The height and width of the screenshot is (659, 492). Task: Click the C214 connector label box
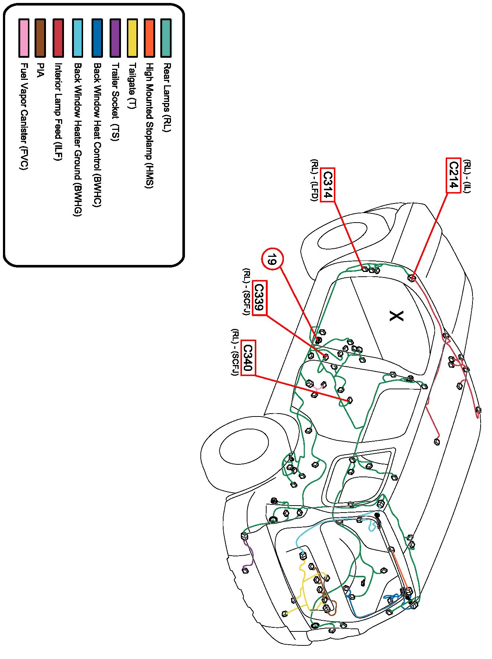pyautogui.click(x=453, y=176)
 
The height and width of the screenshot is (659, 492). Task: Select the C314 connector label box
pyautogui.click(x=327, y=185)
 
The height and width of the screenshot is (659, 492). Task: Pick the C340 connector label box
pyautogui.click(x=248, y=357)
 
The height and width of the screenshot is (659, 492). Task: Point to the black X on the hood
pyautogui.click(x=396, y=316)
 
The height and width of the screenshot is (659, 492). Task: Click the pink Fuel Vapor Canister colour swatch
pyautogui.click(x=24, y=38)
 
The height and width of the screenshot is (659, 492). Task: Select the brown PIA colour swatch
pyautogui.click(x=40, y=38)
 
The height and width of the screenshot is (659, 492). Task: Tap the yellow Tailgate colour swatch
pyautogui.click(x=132, y=38)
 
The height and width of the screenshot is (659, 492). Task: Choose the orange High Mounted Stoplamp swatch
pyautogui.click(x=149, y=38)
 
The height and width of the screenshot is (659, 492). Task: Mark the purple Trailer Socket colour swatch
pyautogui.click(x=115, y=38)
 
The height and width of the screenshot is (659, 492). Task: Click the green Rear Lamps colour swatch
pyautogui.click(x=166, y=38)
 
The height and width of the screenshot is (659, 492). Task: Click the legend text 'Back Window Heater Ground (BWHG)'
pyautogui.click(x=78, y=139)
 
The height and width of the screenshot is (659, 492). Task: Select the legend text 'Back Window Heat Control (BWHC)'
pyautogui.click(x=97, y=135)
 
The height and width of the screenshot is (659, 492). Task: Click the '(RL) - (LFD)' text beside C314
pyautogui.click(x=314, y=180)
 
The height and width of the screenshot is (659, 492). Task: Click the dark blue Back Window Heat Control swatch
pyautogui.click(x=97, y=38)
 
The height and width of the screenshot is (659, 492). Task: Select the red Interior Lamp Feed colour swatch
pyautogui.click(x=58, y=38)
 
